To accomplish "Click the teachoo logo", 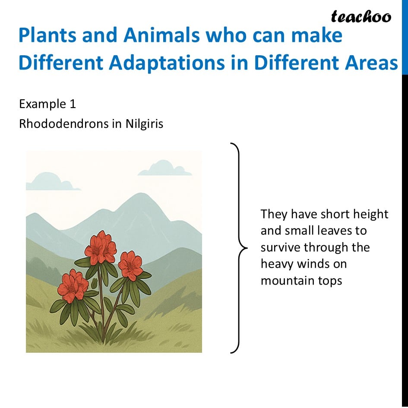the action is click(361, 17).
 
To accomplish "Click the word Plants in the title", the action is click(47, 35).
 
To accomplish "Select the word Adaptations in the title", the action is click(167, 63).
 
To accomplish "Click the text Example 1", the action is click(47, 104).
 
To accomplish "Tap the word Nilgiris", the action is click(144, 123).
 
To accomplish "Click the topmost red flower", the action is click(101, 247).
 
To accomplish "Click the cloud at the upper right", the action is click(164, 168).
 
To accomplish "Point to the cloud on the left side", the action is click(52, 181).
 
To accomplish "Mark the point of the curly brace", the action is click(247, 248).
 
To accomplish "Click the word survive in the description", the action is click(281, 247).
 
